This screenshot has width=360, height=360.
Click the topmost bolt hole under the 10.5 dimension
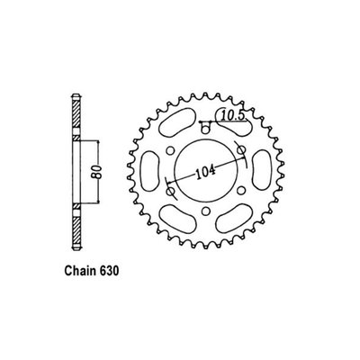click(205, 130)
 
